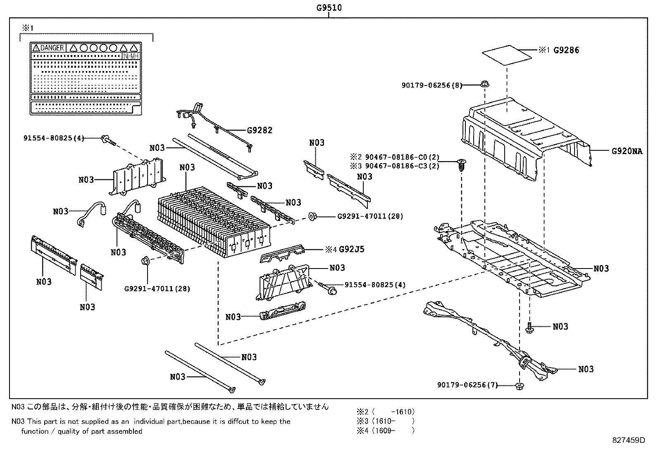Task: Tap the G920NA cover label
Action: (627, 151)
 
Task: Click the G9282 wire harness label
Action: (260, 131)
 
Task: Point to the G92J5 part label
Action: (351, 249)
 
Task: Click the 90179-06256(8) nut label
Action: (432, 85)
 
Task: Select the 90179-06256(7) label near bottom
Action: (467, 385)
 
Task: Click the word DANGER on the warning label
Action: (52, 48)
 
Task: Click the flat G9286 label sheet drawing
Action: (507, 55)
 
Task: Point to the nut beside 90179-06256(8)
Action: (485, 84)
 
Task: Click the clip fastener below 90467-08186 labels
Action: (461, 166)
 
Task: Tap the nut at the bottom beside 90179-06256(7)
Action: (520, 386)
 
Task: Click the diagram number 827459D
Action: (628, 440)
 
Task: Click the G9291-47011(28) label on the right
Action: (370, 216)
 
